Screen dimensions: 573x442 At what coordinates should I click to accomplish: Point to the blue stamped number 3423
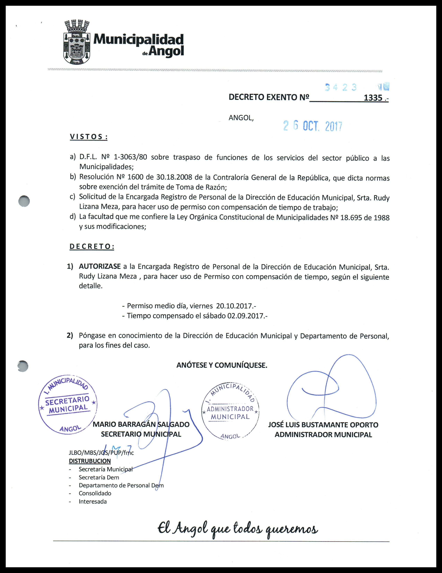(341, 87)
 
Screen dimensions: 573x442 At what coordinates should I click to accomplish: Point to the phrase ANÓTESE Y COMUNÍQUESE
(222, 365)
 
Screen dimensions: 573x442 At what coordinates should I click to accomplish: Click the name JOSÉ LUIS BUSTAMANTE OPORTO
(323, 425)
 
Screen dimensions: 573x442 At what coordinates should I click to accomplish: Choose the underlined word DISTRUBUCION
(90, 461)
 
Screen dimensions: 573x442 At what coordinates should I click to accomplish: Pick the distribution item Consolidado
(95, 493)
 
